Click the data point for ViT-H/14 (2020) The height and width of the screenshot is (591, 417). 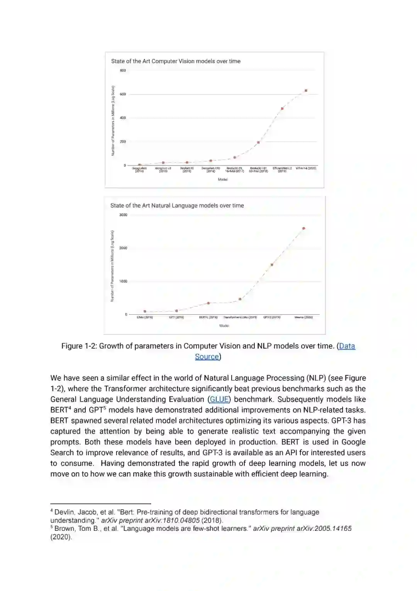click(x=306, y=91)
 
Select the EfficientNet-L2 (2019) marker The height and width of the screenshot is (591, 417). click(x=282, y=108)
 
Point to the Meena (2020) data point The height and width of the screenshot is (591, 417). click(x=303, y=228)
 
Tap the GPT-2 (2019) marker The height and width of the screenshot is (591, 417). click(x=272, y=265)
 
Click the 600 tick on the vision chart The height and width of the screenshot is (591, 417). click(x=123, y=94)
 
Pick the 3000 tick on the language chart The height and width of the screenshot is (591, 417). click(x=123, y=215)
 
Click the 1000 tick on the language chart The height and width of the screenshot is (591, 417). click(x=123, y=281)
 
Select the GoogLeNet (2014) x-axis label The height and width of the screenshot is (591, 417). click(x=139, y=170)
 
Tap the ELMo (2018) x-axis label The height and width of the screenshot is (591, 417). click(x=145, y=317)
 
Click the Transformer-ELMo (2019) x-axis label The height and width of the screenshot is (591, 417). click(x=240, y=317)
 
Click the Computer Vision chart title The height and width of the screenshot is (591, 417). click(x=176, y=61)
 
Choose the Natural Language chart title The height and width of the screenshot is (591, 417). click(x=177, y=206)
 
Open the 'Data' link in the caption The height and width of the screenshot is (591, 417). click(x=347, y=346)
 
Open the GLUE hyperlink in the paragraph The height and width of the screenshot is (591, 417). click(x=219, y=399)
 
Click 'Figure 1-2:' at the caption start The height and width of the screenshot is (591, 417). click(x=79, y=346)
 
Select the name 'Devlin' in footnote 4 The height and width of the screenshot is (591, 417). click(x=64, y=512)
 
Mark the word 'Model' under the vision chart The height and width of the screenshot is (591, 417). click(x=222, y=179)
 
